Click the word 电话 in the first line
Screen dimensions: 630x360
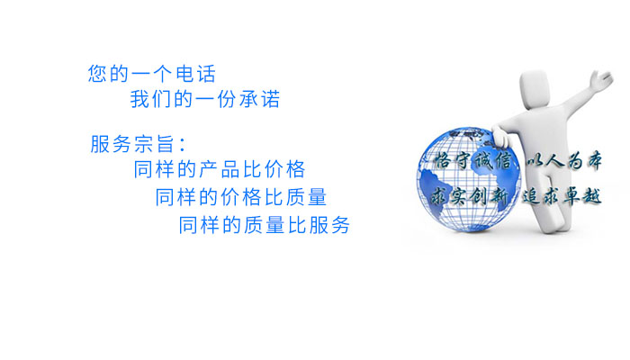click(x=196, y=74)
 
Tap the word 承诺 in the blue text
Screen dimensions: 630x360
click(x=259, y=99)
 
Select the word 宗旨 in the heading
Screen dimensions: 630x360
click(x=154, y=144)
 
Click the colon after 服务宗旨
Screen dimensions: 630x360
click(x=183, y=145)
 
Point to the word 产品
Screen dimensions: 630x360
click(x=220, y=169)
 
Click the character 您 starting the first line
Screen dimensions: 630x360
click(x=97, y=74)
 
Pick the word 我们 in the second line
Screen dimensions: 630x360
click(x=150, y=99)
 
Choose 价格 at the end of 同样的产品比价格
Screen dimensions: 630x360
click(x=285, y=169)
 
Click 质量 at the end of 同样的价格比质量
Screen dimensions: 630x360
click(x=307, y=197)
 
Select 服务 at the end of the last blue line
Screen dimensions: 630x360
click(x=329, y=225)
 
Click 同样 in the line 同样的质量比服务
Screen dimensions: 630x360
click(x=199, y=225)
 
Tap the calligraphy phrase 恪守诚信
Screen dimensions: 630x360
click(x=473, y=161)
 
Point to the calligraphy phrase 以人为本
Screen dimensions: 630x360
click(x=564, y=161)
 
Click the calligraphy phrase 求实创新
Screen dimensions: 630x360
click(x=470, y=196)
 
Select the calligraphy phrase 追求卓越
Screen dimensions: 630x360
click(x=562, y=196)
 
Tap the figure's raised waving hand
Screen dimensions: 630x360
click(x=601, y=78)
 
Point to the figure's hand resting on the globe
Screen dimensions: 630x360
click(x=500, y=137)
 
